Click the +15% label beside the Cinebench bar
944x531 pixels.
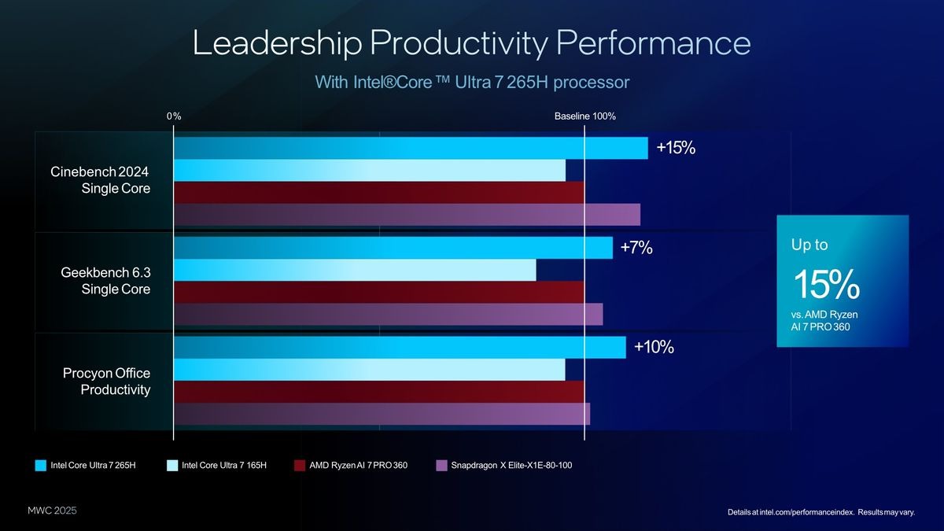pyautogui.click(x=676, y=148)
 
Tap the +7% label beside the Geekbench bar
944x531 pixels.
pyautogui.click(x=636, y=248)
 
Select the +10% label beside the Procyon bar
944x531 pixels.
pyautogui.click(x=654, y=347)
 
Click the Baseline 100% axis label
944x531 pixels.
pyautogui.click(x=584, y=116)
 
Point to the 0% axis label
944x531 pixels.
pyautogui.click(x=174, y=116)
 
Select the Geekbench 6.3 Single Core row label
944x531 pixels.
pyautogui.click(x=105, y=281)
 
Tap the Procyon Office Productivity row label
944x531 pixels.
pyautogui.click(x=105, y=381)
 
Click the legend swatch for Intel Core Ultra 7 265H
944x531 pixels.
pyautogui.click(x=41, y=465)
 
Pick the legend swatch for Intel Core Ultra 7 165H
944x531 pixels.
pyautogui.click(x=172, y=465)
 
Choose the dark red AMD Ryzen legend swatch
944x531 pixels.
pyautogui.click(x=299, y=465)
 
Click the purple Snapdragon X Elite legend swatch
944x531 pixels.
pyautogui.click(x=441, y=465)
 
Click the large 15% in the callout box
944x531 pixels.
pyautogui.click(x=825, y=285)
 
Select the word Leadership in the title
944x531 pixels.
pyautogui.click(x=276, y=43)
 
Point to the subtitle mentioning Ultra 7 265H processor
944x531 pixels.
pyautogui.click(x=472, y=82)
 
